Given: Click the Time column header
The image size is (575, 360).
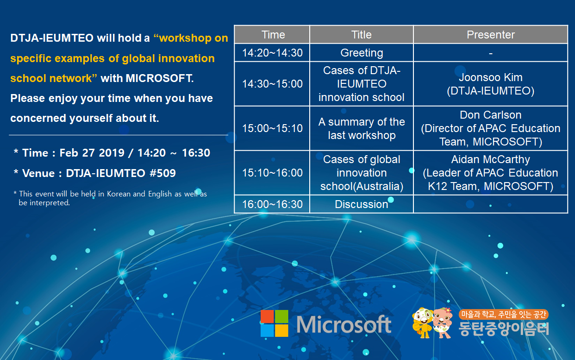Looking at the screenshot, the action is [272, 35].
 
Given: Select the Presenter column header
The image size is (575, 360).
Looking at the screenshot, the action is [491, 35].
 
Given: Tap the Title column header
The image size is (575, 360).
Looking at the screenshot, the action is [362, 35].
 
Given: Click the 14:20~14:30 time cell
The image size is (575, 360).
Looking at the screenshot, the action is [272, 53].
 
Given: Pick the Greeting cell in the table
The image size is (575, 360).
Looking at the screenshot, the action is [362, 53].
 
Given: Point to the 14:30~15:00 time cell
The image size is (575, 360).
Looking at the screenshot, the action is [272, 84].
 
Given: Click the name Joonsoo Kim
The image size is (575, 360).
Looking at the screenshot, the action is [491, 77].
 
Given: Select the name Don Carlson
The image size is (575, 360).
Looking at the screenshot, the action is [491, 115].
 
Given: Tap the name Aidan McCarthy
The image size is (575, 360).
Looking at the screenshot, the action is [491, 159].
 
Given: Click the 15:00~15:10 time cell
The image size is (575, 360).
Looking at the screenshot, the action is [272, 128].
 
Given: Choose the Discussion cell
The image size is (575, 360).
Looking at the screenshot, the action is [362, 204].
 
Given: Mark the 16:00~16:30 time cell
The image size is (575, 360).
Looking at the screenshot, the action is [272, 204].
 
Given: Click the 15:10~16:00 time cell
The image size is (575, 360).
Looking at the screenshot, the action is [272, 173].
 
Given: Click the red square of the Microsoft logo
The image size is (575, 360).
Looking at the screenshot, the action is [267, 316].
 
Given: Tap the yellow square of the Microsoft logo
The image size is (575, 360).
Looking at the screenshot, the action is [281, 330].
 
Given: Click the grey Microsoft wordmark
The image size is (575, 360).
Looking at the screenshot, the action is [344, 324].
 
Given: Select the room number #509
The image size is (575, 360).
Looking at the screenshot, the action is [163, 173].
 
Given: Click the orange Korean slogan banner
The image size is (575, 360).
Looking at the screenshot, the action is [503, 314].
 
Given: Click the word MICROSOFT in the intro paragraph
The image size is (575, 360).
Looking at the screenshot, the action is [159, 78].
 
